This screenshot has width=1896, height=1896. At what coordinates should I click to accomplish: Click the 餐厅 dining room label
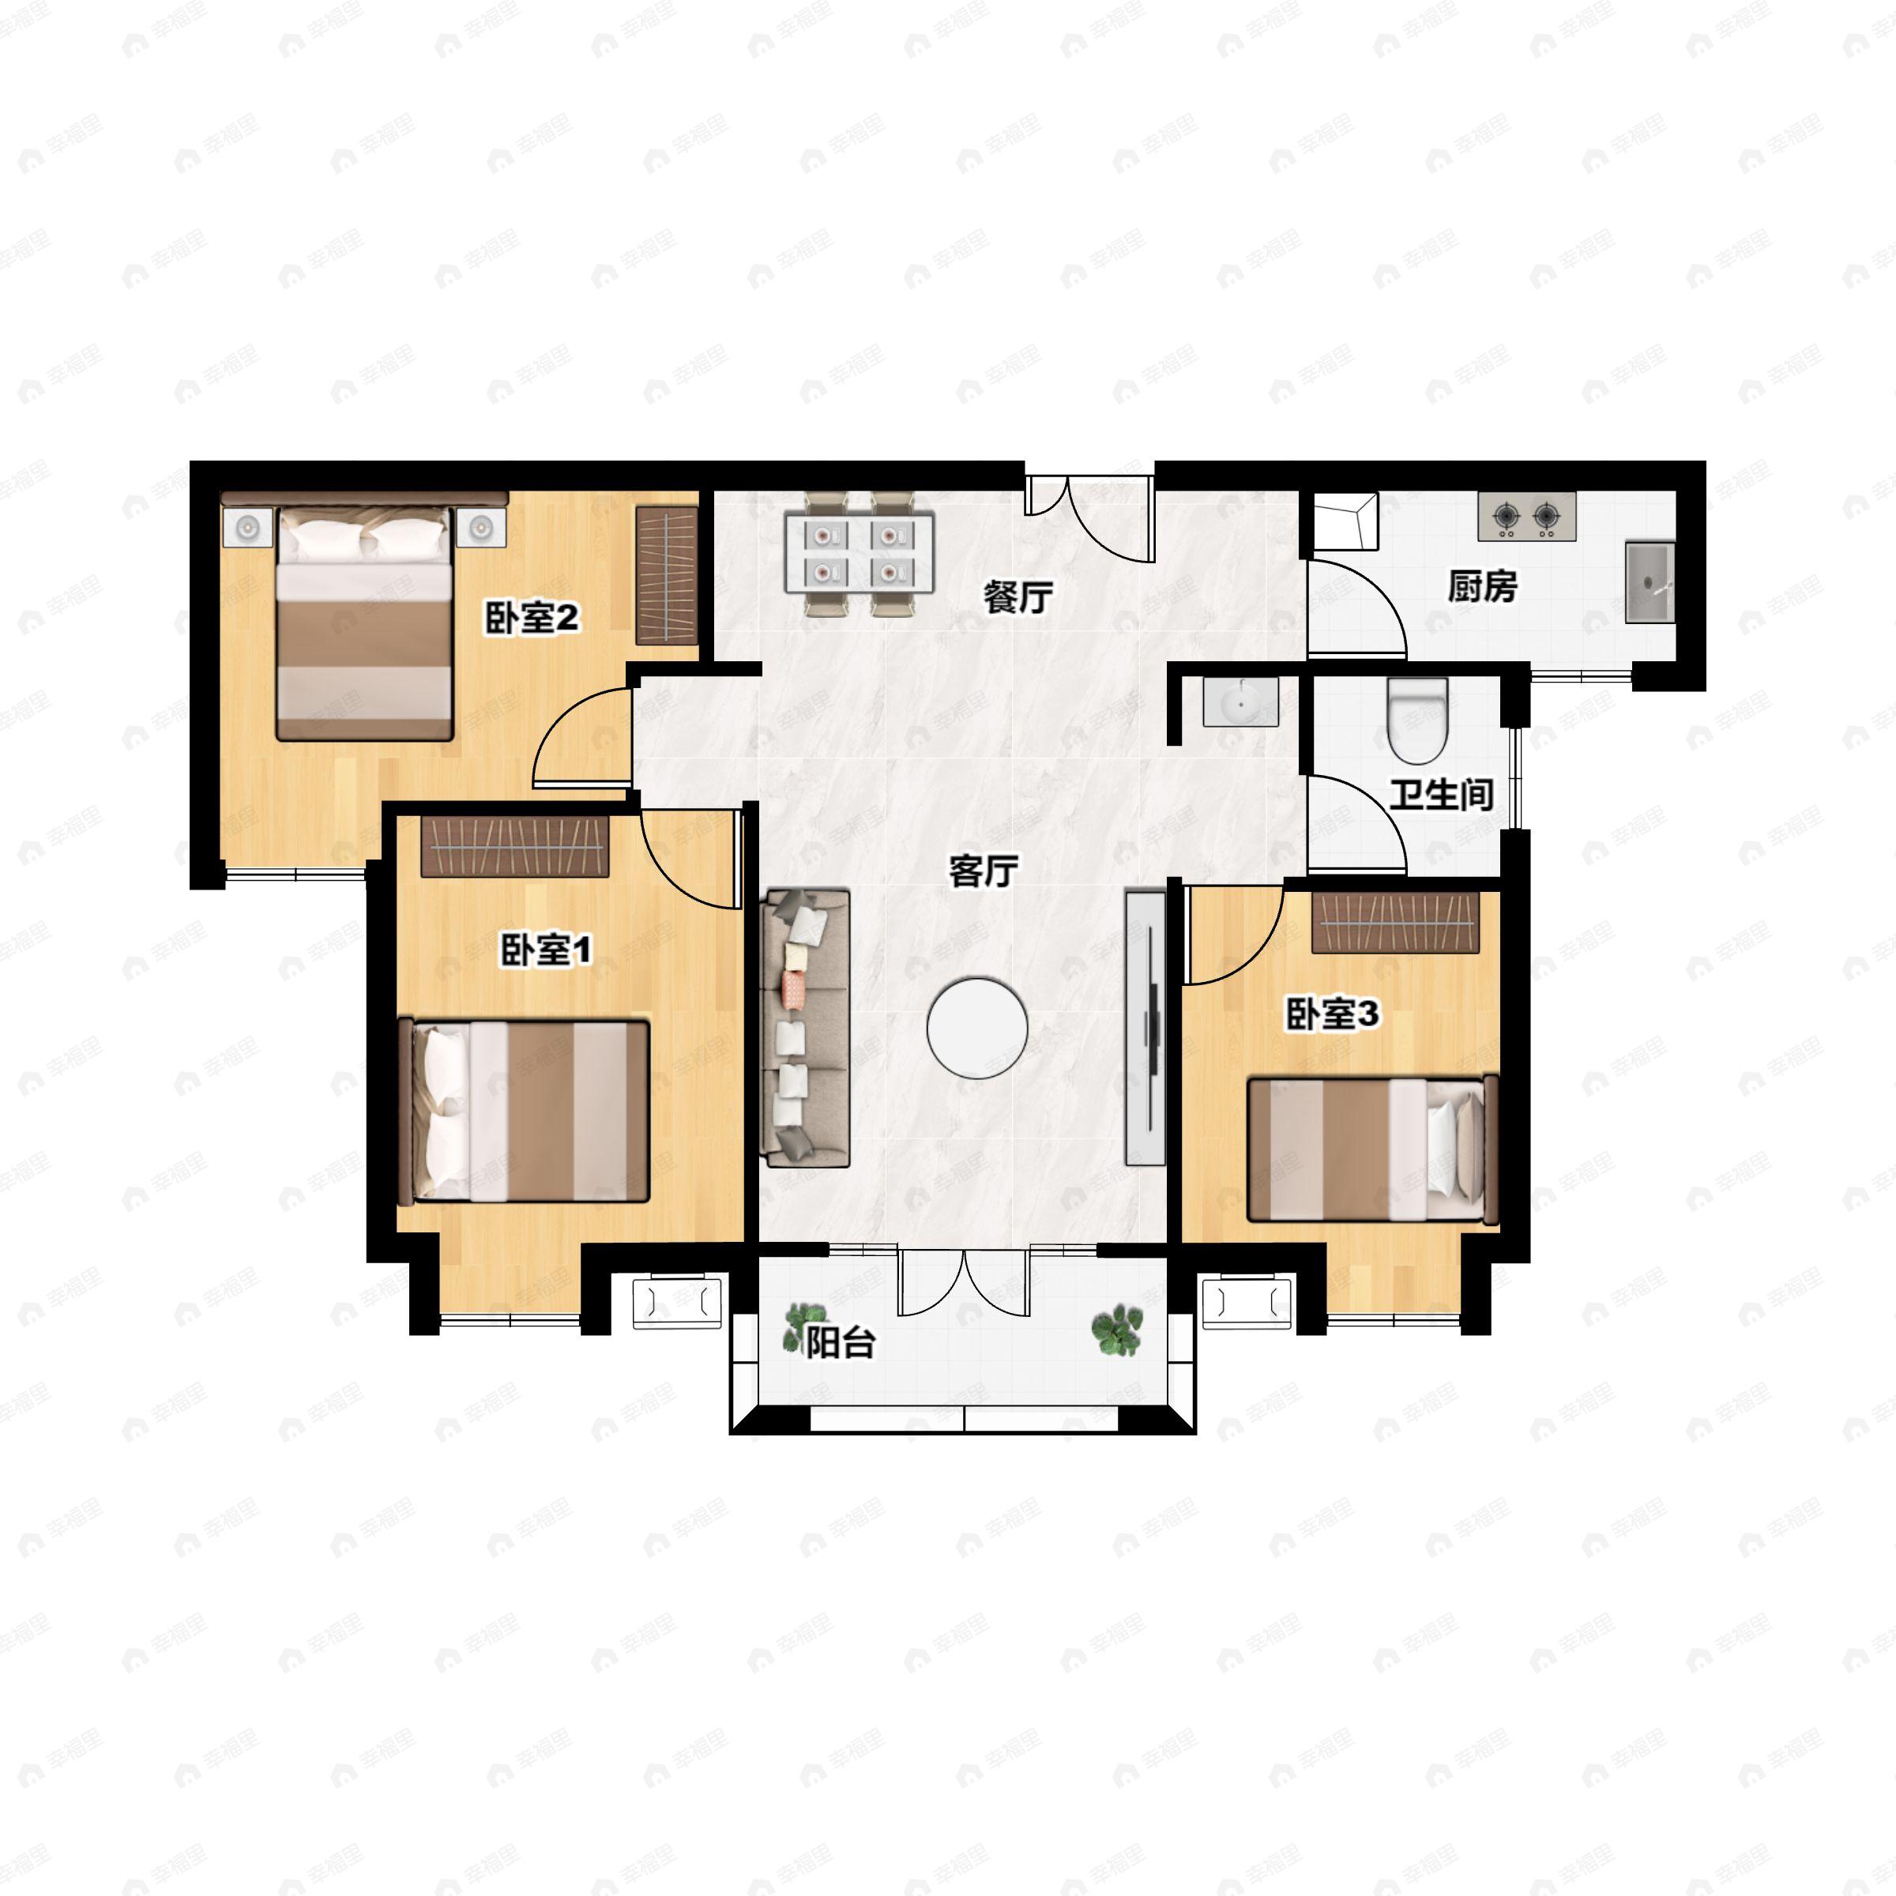click(x=1018, y=596)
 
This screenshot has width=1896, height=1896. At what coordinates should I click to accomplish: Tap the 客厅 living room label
click(x=984, y=871)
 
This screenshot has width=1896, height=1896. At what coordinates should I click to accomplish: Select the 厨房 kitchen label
click(x=1483, y=586)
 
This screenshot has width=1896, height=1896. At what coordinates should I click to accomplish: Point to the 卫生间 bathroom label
click(x=1442, y=794)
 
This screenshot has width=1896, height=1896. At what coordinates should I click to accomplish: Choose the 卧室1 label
click(x=547, y=950)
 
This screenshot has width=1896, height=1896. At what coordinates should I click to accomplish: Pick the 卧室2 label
click(x=532, y=619)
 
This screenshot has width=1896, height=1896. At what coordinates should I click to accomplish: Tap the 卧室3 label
click(x=1333, y=1014)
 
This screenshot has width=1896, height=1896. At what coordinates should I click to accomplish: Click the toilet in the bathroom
click(x=1418, y=721)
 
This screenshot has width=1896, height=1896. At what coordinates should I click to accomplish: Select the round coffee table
click(x=977, y=1026)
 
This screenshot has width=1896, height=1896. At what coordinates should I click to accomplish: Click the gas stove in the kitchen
click(x=1526, y=516)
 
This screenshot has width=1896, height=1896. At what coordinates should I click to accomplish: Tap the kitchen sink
click(x=1649, y=582)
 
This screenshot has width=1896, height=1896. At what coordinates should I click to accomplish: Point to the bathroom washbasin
click(x=1241, y=702)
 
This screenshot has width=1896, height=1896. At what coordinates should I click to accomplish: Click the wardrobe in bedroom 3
click(x=1395, y=923)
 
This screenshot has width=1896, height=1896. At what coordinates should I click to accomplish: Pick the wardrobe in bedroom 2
click(x=666, y=575)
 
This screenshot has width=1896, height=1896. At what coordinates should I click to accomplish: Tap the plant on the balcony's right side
click(x=1117, y=1330)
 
